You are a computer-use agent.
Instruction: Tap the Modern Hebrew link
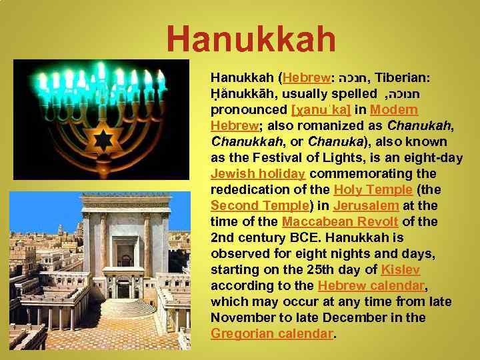coord(393,110)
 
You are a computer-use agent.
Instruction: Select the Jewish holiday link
coord(257,174)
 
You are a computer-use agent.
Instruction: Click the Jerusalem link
coord(366,206)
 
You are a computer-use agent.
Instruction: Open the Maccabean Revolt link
coord(339,222)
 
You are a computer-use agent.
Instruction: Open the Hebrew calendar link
coord(371,286)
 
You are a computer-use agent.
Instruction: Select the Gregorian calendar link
coord(271,334)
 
